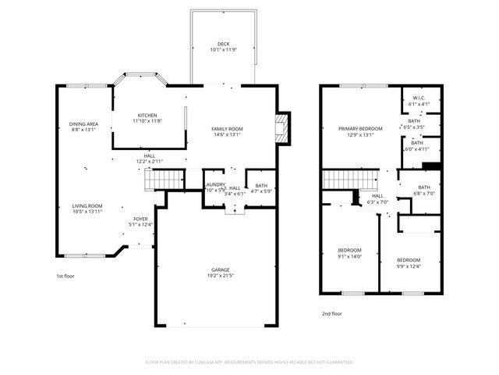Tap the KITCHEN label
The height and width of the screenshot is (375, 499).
pyautogui.click(x=147, y=114)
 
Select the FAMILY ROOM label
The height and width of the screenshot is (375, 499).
pyautogui.click(x=227, y=128)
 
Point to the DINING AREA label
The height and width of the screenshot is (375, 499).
pyautogui.click(x=83, y=123)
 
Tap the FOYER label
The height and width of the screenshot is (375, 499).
pyautogui.click(x=140, y=219)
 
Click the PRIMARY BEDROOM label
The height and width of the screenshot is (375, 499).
pyautogui.click(x=359, y=128)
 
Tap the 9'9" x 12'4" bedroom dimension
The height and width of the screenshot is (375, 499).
pyautogui.click(x=408, y=266)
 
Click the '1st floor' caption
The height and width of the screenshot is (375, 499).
pyautogui.click(x=66, y=277)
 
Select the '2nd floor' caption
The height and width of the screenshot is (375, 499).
pyautogui.click(x=332, y=313)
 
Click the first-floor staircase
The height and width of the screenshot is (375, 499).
pyautogui.click(x=166, y=179)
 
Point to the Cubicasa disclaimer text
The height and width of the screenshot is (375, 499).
pyautogui.click(x=249, y=362)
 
